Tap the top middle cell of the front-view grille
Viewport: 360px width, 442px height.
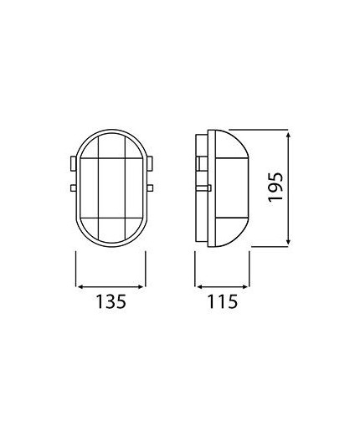111,146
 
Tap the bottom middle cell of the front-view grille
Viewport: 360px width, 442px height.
111,229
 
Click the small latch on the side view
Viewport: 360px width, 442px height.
203,189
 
